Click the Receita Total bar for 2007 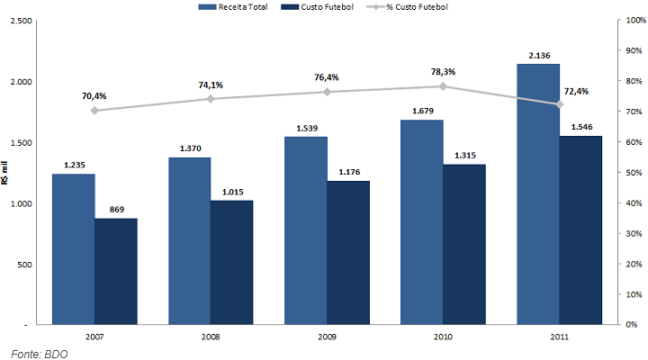(x=73, y=248)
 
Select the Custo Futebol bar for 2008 (x=231, y=262)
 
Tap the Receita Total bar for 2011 (x=537, y=193)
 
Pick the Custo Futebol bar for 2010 (x=464, y=244)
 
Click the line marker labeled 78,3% (x=443, y=86)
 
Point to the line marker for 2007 (x=94, y=111)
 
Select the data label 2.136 (x=539, y=56)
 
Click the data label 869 (x=116, y=210)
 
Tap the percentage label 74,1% (x=211, y=85)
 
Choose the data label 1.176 (x=348, y=172)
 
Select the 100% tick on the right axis (x=632, y=20)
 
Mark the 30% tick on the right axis (x=630, y=233)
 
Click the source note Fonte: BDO (x=39, y=353)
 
